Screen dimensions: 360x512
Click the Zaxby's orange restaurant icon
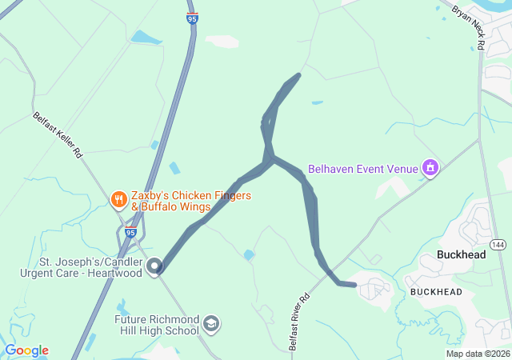coord(118,199)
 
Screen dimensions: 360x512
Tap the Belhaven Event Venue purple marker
coord(430,168)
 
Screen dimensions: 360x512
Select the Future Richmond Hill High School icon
coord(211,323)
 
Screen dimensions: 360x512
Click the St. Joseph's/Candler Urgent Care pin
coord(154,266)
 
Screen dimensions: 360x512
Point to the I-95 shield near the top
coord(193,18)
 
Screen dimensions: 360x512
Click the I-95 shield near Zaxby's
coord(130,233)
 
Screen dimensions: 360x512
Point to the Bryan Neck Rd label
coord(469,28)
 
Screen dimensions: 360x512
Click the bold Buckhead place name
coord(462,255)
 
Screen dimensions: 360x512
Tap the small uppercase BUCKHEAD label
coord(436,292)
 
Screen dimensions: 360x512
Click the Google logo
coord(26,350)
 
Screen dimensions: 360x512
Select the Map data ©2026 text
coord(478,354)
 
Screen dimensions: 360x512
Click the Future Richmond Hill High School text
coord(157,323)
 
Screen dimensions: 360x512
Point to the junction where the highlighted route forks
coord(270,158)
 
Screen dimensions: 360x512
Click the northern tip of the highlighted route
coord(298,75)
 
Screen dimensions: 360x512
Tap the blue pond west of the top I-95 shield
coord(146,37)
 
